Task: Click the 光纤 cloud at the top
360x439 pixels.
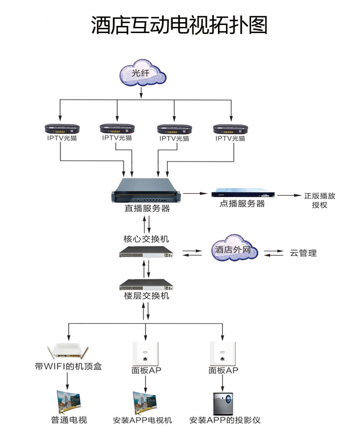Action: point(143,74)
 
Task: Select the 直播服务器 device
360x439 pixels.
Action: point(147,192)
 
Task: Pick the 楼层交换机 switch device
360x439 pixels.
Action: point(147,284)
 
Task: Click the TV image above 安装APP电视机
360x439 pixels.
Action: point(146,402)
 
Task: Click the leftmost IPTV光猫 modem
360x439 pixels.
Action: point(62,129)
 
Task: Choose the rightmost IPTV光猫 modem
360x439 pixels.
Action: point(230,129)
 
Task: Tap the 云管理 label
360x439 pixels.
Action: point(303,253)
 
